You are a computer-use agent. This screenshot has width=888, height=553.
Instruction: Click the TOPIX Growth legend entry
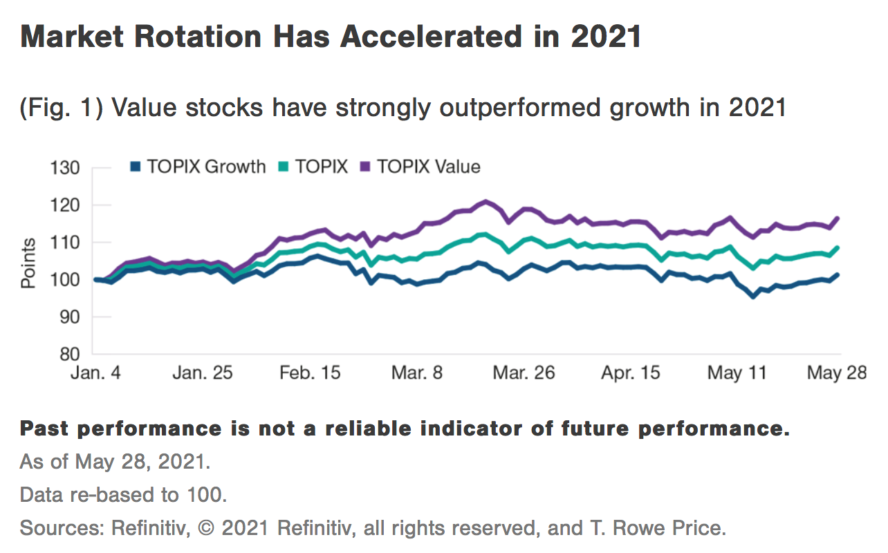[x=198, y=167]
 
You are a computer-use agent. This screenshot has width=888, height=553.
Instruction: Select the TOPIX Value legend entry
[x=420, y=167]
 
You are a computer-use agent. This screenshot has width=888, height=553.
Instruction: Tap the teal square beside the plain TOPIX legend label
[x=283, y=167]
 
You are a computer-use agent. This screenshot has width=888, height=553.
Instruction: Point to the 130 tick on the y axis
[x=66, y=168]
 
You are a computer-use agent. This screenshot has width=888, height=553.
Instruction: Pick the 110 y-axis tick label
[x=66, y=243]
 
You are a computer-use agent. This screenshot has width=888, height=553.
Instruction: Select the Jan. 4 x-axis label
[x=98, y=373]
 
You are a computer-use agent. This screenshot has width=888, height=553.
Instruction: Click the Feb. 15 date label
[x=309, y=373]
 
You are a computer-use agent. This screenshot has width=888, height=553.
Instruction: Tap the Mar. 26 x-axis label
[x=524, y=373]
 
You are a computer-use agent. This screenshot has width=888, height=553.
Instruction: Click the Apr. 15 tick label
[x=630, y=373]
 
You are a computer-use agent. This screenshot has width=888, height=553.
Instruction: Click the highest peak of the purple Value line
[x=486, y=201]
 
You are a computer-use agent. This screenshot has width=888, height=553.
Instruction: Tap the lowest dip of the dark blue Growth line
[x=753, y=296]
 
